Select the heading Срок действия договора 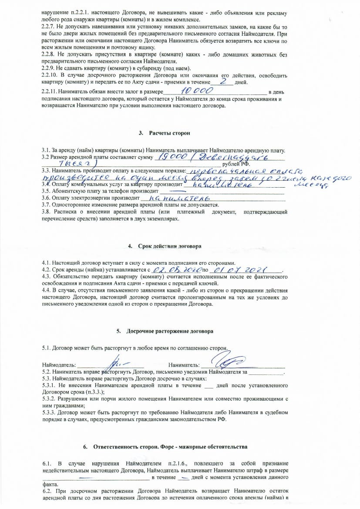168,246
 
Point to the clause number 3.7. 46,205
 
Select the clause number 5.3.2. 49,399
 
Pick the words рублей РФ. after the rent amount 236,164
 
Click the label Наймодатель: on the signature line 59,364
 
